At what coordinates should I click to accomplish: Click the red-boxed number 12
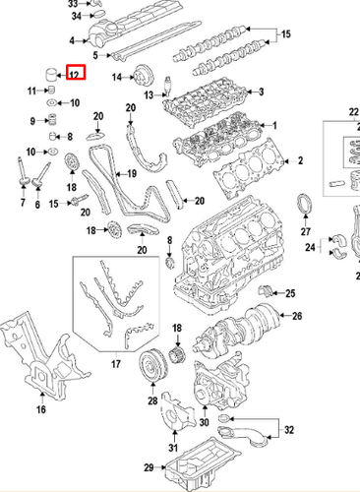(x=75, y=75)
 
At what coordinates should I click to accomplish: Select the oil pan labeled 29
(x=204, y=463)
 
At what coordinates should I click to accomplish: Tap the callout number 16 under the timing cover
(x=41, y=409)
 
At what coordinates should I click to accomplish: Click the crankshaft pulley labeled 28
(x=153, y=365)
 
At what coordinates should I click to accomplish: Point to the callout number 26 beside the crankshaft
(x=297, y=316)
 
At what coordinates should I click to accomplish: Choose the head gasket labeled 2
(x=249, y=167)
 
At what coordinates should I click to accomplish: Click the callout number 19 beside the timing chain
(x=132, y=173)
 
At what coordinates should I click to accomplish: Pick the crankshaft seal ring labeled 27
(x=305, y=204)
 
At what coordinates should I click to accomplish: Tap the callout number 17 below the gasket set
(x=116, y=364)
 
